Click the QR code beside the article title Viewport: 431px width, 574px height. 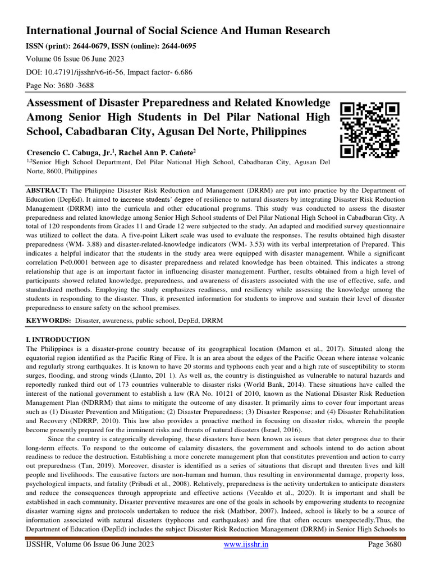click(370, 129)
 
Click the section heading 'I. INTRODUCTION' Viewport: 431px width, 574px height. click(58, 340)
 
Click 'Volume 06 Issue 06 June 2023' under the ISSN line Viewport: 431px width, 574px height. click(76, 58)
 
